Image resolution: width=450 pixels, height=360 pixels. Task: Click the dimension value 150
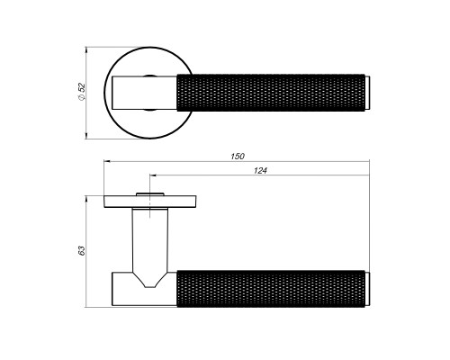[x=238, y=157]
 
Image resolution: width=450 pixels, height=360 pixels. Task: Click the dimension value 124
[x=260, y=171]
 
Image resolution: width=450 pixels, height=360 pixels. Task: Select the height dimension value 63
[x=82, y=251]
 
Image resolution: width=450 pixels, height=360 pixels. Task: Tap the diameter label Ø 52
[x=82, y=92]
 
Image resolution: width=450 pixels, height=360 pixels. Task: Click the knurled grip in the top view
[x=271, y=93]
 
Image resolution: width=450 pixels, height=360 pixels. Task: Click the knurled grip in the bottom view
[x=271, y=289]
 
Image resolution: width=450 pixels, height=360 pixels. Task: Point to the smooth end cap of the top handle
[x=367, y=93]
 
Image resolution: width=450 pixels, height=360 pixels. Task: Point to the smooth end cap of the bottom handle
[x=367, y=289]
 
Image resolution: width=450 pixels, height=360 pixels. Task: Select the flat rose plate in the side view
[x=150, y=202]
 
